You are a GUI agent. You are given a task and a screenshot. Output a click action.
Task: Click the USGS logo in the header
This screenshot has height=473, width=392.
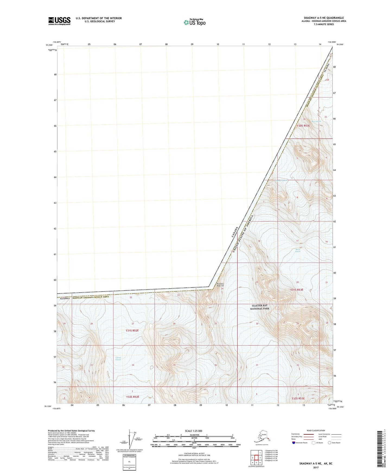[59, 21]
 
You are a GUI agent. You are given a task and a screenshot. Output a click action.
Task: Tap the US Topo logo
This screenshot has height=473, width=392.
[194, 22]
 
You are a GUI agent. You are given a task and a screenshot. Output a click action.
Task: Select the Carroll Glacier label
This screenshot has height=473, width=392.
[118, 359]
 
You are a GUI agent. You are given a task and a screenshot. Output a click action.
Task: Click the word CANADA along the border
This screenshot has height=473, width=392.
[235, 232]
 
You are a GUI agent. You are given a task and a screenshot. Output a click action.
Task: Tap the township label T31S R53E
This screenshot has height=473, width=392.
[297, 290]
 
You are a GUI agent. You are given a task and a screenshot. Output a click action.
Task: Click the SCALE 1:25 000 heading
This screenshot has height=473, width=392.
[193, 431]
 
